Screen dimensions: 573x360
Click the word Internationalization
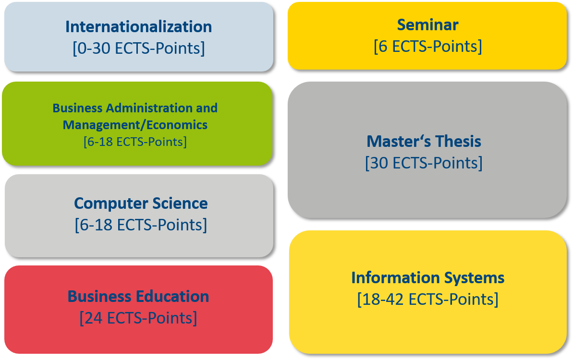138,27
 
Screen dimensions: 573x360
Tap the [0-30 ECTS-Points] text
138,48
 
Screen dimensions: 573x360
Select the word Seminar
427,25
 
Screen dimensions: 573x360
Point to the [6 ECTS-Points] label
427,47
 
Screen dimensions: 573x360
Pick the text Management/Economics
135,125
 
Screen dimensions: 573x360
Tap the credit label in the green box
135,142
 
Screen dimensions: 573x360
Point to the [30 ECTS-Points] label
424,163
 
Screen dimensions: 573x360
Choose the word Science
180,204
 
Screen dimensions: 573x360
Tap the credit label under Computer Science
141,225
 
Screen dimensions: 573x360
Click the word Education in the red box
174,297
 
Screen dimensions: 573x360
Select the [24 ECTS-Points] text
138,318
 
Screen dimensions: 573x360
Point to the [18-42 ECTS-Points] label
427,300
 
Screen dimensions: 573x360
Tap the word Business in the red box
101,297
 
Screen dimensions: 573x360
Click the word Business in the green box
77,108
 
